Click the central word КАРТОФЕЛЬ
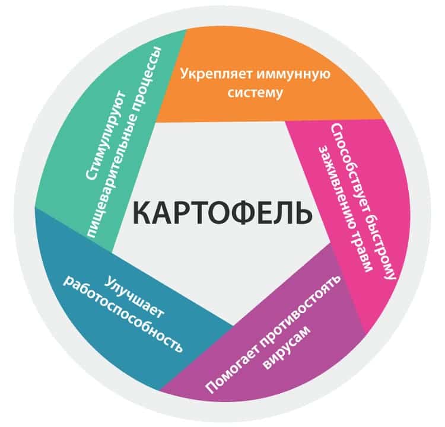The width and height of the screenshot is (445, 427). [x=223, y=212]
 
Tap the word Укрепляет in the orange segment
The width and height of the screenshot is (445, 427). [x=216, y=75]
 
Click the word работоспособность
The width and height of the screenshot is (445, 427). [x=123, y=314]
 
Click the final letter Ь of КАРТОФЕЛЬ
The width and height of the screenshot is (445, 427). [x=304, y=212]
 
